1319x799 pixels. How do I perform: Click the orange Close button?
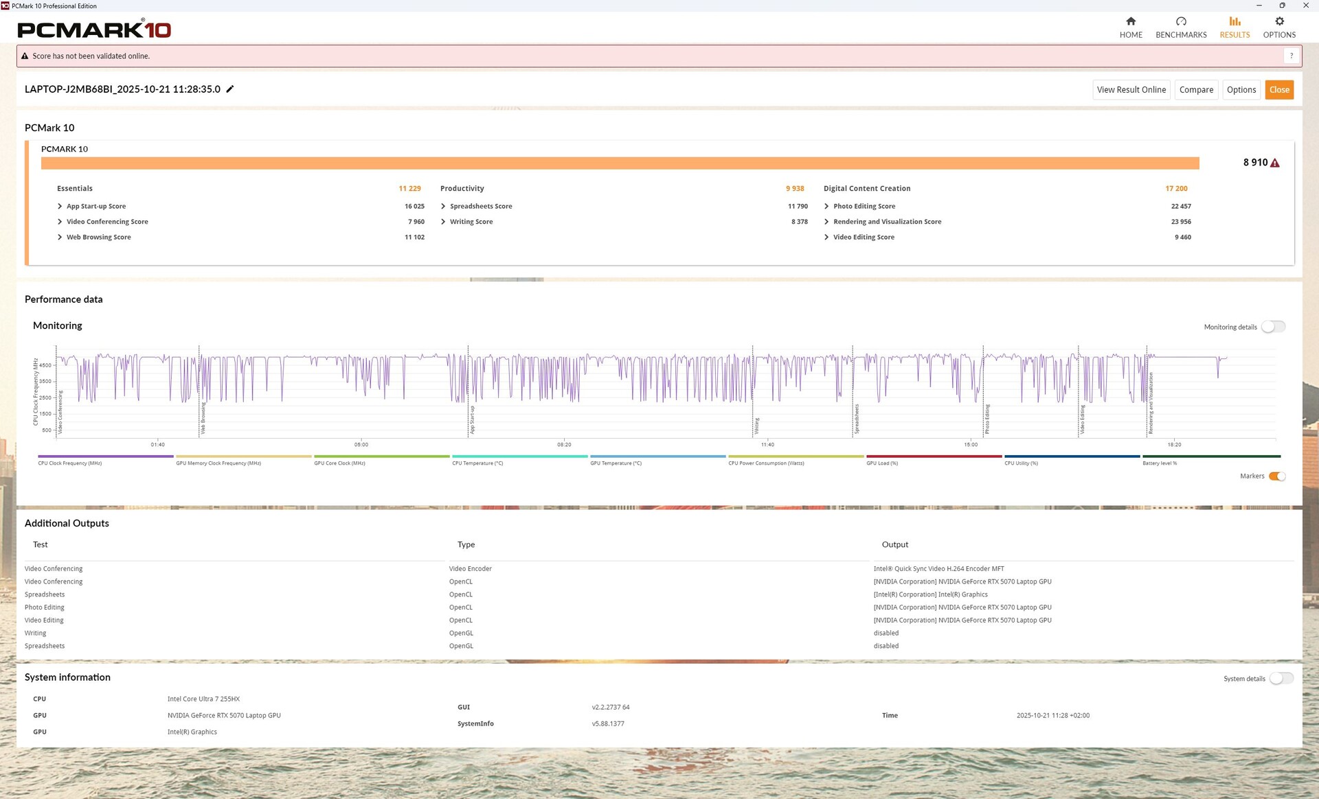click(x=1279, y=90)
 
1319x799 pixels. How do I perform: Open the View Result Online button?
click(x=1131, y=90)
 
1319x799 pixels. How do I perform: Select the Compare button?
click(x=1196, y=90)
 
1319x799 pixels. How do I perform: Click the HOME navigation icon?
click(x=1131, y=22)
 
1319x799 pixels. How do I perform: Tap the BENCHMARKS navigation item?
click(x=1181, y=27)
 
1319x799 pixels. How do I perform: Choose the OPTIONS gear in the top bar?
click(x=1279, y=22)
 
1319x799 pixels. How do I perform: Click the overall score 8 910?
click(x=1255, y=163)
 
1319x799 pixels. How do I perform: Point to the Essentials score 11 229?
click(x=409, y=189)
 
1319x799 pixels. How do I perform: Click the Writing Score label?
click(x=471, y=222)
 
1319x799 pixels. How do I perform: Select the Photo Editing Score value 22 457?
click(x=1181, y=207)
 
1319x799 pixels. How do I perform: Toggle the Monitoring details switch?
click(x=1273, y=327)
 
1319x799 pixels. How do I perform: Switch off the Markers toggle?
click(x=1277, y=476)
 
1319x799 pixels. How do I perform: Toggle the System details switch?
click(x=1281, y=678)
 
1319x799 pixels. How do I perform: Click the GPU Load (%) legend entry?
click(x=882, y=463)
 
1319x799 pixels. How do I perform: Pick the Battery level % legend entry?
click(x=1160, y=463)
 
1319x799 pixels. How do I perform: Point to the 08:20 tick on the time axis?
click(x=564, y=445)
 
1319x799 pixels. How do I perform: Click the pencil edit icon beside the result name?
click(x=230, y=89)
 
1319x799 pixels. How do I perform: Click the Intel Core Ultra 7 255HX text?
click(x=203, y=699)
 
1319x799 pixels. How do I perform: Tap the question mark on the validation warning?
click(x=1292, y=56)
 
